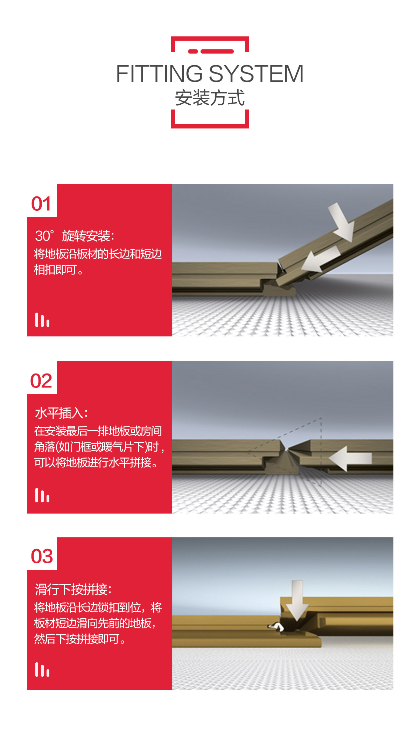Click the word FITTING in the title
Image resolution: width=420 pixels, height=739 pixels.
pos(159,74)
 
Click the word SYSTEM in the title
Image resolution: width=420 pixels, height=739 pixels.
pos(256,74)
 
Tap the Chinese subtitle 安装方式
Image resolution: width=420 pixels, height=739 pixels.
pos(210,98)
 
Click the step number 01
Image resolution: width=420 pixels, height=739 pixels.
pos(41,204)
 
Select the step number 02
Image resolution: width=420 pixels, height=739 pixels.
pos(41,381)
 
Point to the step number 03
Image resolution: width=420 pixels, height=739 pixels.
pos(42,556)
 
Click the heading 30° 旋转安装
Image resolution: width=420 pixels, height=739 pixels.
pos(75,236)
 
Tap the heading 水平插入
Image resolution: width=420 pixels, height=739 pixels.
pos(61,413)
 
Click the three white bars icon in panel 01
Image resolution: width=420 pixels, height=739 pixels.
pos(42,320)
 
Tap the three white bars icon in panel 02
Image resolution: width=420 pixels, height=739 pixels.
pos(42,495)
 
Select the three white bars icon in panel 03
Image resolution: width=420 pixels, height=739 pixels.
pos(42,669)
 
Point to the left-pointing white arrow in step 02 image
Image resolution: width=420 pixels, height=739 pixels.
pos(350,458)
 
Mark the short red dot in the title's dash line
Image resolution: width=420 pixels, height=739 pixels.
pos(193,51)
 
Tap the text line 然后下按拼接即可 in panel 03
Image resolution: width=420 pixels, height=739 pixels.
pos(80,639)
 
